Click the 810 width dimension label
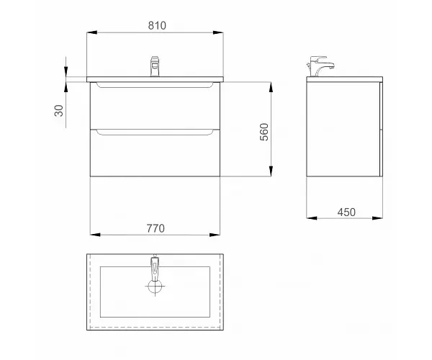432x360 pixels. pos(157,26)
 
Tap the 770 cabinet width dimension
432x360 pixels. pos(156,228)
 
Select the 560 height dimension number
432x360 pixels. pos(264,132)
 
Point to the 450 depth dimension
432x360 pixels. pos(346,212)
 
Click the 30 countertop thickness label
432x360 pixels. pos(59,111)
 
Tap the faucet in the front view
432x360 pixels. pos(155,66)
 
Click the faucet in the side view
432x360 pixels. pos(320,66)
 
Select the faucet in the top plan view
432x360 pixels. pos(155,267)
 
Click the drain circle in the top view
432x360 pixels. pos(155,287)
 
